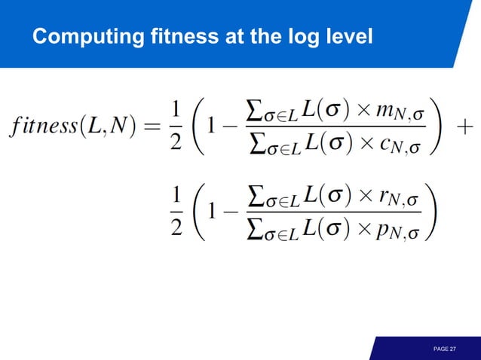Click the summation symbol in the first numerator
coord(257,112)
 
